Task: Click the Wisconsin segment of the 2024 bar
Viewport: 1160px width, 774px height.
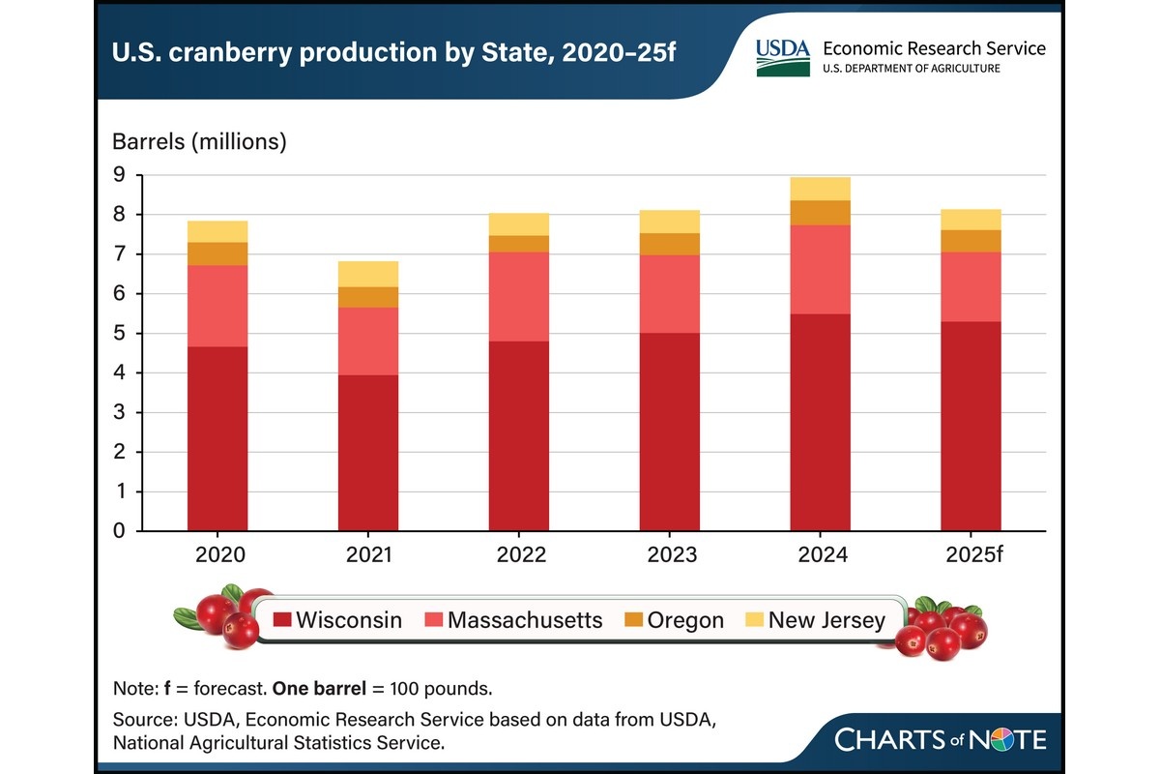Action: click(820, 422)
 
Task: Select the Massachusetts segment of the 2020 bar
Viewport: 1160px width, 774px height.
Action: click(217, 306)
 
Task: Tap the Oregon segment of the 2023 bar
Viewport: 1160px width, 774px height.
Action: click(670, 244)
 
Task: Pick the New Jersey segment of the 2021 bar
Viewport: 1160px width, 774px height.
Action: click(368, 274)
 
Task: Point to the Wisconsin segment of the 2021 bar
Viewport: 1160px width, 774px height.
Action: click(368, 453)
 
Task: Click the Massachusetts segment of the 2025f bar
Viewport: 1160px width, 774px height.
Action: click(971, 286)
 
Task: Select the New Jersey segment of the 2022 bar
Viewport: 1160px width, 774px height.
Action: click(519, 223)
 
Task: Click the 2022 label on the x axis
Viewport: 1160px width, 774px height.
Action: click(519, 555)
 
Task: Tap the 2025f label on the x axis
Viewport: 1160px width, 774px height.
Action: click(971, 555)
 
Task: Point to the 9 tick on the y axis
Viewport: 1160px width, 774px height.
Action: click(119, 175)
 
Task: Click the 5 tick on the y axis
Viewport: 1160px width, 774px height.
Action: click(119, 334)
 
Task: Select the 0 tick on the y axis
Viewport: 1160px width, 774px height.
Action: click(119, 531)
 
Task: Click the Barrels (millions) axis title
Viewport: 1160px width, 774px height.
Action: click(200, 141)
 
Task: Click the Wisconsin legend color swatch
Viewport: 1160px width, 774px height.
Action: click(281, 620)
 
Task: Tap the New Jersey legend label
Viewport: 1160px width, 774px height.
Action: click(826, 620)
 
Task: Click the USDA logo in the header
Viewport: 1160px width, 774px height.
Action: click(783, 57)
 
